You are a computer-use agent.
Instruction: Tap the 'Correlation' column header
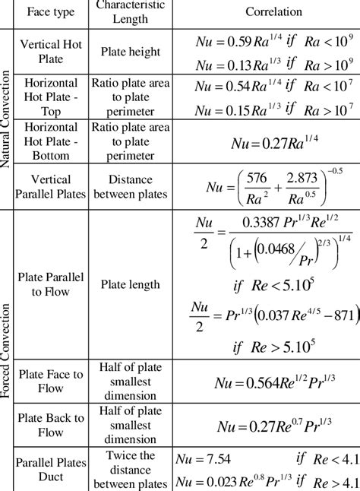click(273, 13)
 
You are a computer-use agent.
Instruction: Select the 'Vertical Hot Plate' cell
click(54, 52)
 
